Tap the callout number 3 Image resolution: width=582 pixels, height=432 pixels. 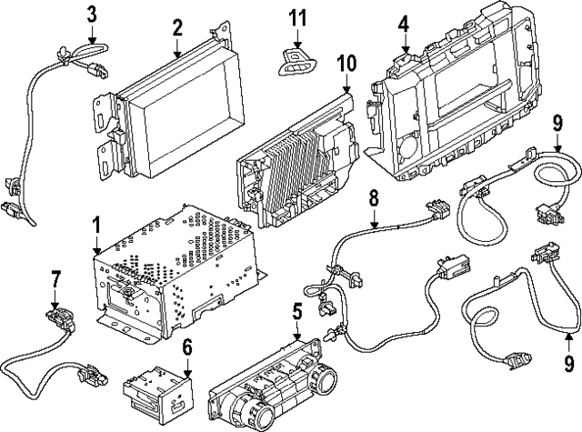tap(92, 13)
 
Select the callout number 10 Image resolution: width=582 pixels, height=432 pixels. tap(346, 65)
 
